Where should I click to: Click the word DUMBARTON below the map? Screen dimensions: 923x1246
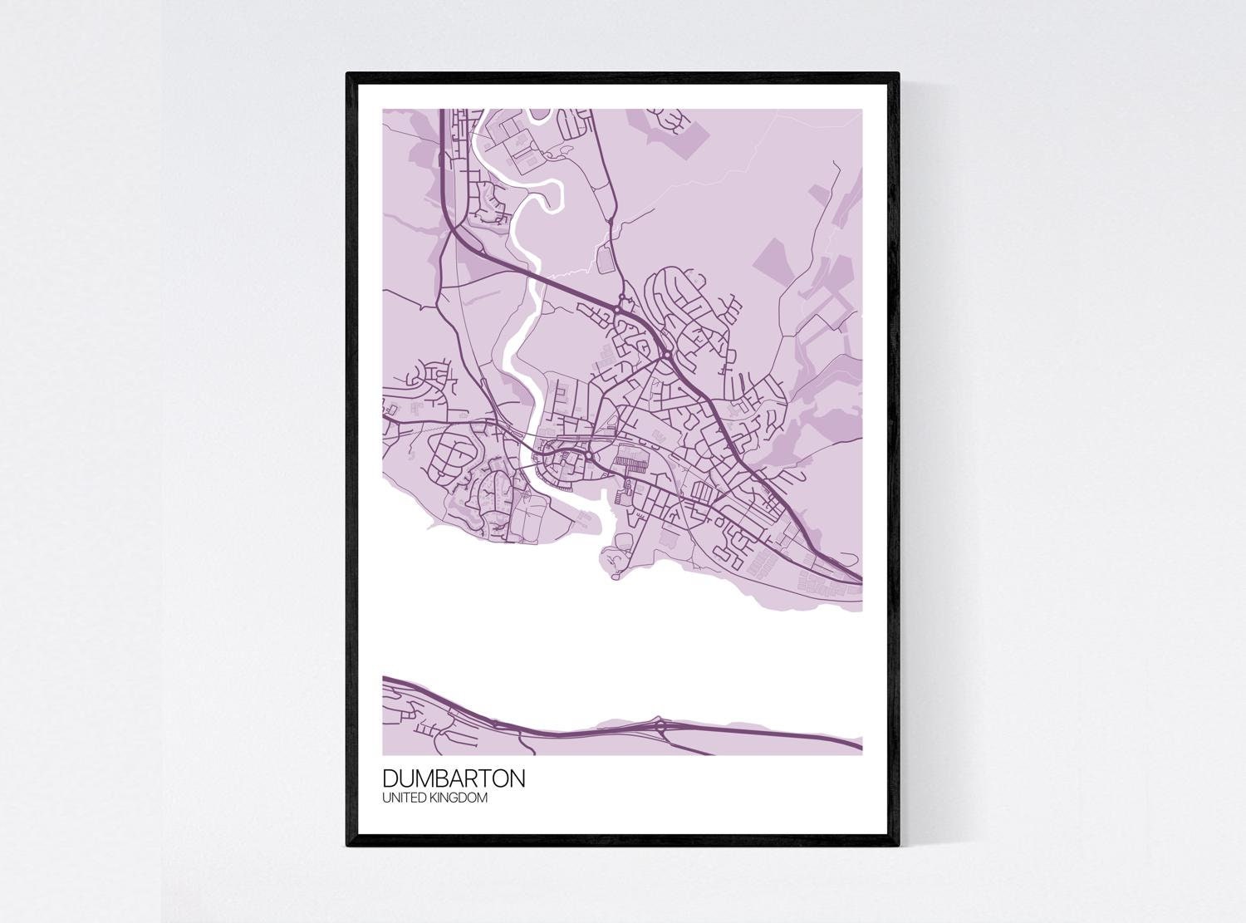tap(453, 779)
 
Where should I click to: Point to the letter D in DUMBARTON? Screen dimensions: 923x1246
tap(390, 779)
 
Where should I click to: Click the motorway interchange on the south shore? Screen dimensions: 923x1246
tap(661, 727)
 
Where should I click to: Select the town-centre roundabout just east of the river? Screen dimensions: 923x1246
tap(588, 456)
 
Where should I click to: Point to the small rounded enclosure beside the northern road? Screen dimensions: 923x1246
tap(605, 258)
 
